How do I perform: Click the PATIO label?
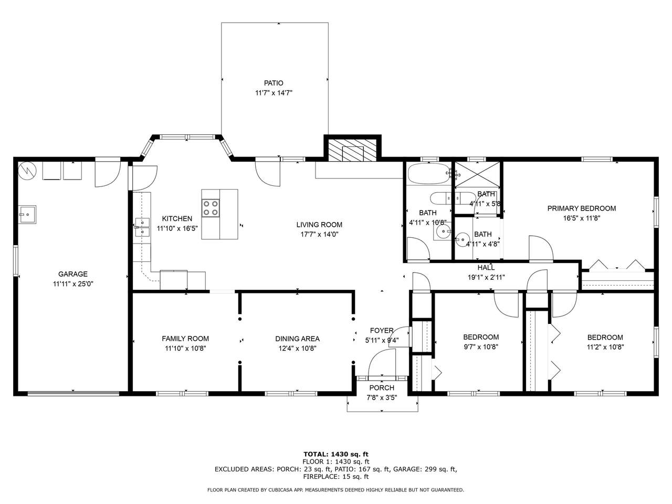274,83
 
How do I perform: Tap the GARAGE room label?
73,274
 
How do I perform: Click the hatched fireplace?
352,150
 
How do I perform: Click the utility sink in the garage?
27,215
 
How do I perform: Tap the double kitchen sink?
143,227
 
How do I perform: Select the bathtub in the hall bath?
428,173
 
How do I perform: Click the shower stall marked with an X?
477,174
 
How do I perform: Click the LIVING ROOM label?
319,225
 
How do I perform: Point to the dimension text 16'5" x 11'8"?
581,218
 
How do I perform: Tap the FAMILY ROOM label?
185,339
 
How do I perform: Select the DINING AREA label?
297,339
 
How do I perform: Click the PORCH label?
382,388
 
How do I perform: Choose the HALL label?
486,267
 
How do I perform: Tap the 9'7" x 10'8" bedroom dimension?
481,346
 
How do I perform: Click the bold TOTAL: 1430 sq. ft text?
336,454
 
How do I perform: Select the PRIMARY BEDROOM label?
581,208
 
